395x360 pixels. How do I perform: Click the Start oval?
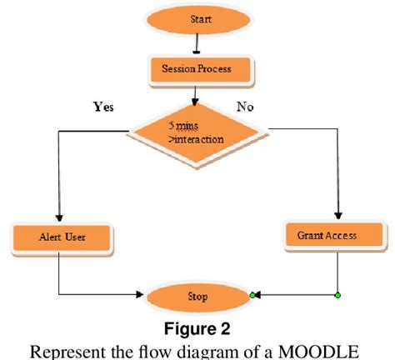coord(197,17)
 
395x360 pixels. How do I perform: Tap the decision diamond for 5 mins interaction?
coord(197,131)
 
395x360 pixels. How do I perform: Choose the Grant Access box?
coord(327,235)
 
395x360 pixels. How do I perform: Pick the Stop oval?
coord(197,295)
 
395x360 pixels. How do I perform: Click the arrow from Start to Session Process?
coord(197,42)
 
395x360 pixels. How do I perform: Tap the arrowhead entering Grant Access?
coord(338,214)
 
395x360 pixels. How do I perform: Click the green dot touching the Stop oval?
coord(252,295)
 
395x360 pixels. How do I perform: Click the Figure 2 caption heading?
coord(197,325)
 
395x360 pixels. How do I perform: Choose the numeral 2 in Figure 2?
coord(227,325)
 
